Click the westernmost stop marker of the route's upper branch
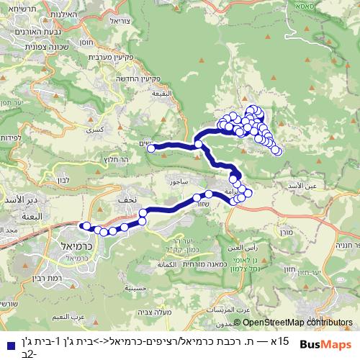152,148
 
